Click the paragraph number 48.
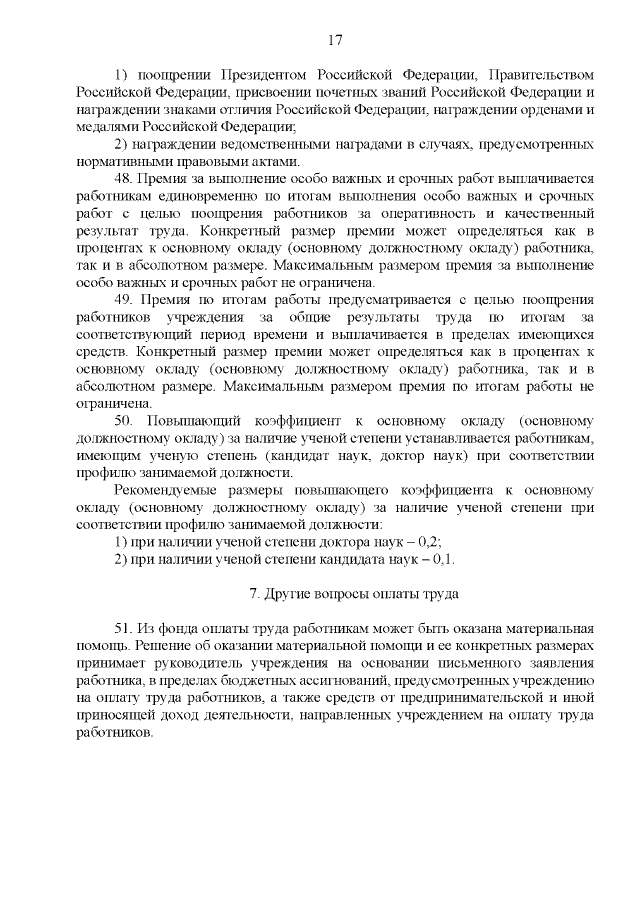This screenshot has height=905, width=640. click(x=124, y=179)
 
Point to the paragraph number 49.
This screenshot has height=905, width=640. click(x=124, y=299)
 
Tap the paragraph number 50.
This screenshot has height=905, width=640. click(x=124, y=420)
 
